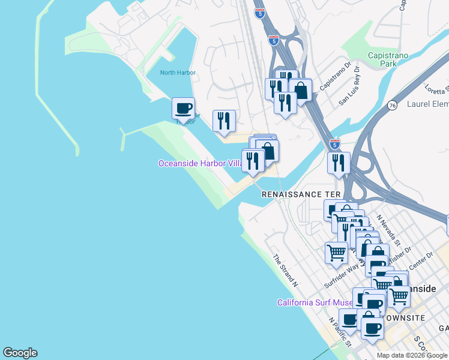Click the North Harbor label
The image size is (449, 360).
pos(178,73)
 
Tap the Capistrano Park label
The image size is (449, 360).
pos(388,59)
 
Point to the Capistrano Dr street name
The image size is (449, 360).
pos(335,76)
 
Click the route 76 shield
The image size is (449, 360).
pos(392,104)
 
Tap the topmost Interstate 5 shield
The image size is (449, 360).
pos(260,13)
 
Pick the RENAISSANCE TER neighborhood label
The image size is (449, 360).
pos(301,194)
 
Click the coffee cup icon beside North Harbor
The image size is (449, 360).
pos(183,109)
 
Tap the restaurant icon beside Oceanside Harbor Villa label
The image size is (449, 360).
pos(253,161)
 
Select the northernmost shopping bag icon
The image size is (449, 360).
pos(300,91)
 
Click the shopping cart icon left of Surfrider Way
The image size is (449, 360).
pos(336,252)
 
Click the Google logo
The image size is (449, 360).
pos(20,353)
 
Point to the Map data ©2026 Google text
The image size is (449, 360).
pos(412,355)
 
